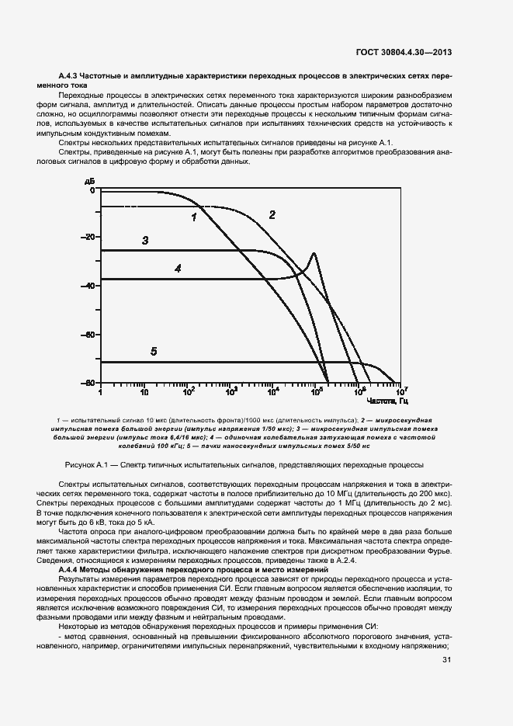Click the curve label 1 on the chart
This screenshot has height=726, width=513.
click(193, 217)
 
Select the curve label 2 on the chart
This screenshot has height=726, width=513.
click(272, 214)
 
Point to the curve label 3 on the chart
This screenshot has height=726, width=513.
click(145, 241)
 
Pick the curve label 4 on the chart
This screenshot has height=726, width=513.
click(178, 268)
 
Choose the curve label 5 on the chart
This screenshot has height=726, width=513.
click(154, 352)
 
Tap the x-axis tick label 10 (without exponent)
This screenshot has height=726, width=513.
click(144, 394)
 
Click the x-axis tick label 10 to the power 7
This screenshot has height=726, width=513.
click(402, 392)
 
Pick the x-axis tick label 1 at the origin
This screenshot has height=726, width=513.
click(101, 394)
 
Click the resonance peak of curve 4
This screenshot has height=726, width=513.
click(314, 254)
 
